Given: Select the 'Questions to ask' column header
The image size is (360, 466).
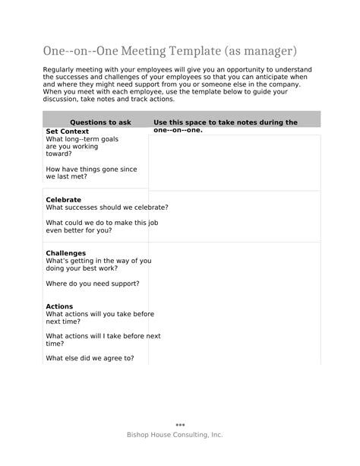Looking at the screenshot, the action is click(100, 122).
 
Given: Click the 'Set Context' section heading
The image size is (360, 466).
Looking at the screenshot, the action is click(68, 132).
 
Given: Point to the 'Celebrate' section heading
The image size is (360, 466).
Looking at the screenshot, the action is click(64, 200).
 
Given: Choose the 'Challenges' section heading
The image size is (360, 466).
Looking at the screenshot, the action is click(66, 253).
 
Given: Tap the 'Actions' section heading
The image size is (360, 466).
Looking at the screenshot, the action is click(60, 306).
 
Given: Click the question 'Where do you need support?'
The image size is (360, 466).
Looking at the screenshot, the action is click(93, 283).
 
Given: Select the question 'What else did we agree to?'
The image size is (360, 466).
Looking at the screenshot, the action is click(90, 357).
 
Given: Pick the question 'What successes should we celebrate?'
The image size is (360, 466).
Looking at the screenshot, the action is click(107, 207).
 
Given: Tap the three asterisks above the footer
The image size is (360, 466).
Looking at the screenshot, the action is click(180, 425).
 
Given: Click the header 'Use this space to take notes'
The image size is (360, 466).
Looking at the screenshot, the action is click(225, 122).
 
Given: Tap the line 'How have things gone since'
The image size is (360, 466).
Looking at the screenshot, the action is click(91, 169).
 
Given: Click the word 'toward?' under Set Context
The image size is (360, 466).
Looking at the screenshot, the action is click(59, 154).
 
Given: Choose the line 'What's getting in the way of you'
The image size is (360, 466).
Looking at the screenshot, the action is click(99, 261).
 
